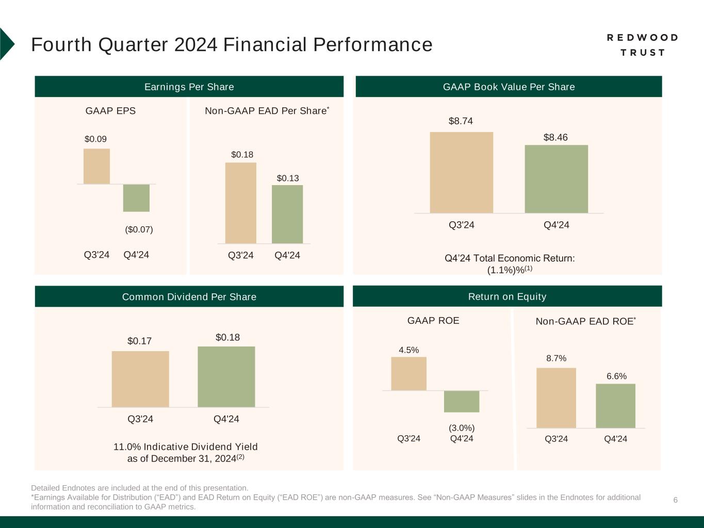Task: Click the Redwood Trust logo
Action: coord(642,45)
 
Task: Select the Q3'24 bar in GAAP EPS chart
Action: coord(96,166)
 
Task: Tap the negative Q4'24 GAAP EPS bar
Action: coord(136,198)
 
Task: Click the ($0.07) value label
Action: coord(139,229)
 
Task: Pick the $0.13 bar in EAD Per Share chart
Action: coord(287,214)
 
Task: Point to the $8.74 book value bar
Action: coord(461,172)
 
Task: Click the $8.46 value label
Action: coord(555,138)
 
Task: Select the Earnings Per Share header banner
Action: coord(189,87)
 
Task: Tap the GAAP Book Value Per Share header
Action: coord(509,87)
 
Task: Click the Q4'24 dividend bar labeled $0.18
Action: coord(226,376)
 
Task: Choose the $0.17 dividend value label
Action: coord(139,341)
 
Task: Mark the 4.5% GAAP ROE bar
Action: coord(408,373)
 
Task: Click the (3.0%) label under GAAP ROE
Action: coord(462,428)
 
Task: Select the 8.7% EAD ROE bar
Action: coord(556,398)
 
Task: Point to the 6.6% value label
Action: coord(616,376)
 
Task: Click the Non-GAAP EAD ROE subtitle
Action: coord(585,321)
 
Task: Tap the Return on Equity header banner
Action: coord(507,296)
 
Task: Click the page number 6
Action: coord(675,500)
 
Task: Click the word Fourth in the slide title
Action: coord(63,45)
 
